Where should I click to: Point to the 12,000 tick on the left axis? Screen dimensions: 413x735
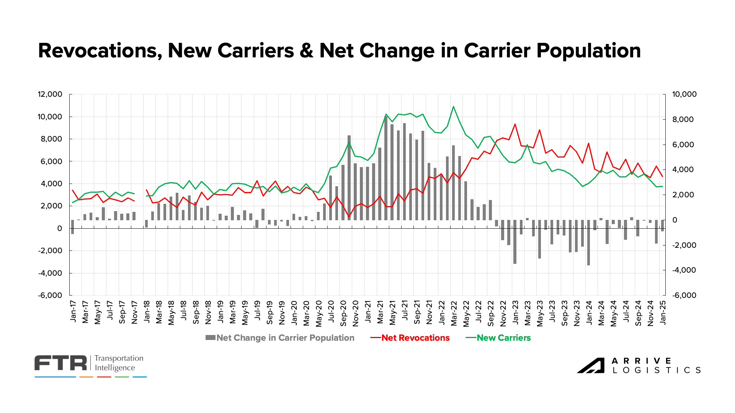pyautogui.click(x=50, y=94)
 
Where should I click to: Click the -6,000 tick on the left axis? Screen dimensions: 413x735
pyautogui.click(x=50, y=295)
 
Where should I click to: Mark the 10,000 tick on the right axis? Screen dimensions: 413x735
pyautogui.click(x=684, y=94)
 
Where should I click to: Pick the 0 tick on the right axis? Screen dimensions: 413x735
pyautogui.click(x=675, y=220)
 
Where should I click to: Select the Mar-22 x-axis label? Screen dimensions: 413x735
pyautogui.click(x=454, y=313)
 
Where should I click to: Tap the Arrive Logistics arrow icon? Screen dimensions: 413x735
pyautogui.click(x=591, y=366)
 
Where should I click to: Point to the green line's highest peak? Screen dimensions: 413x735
pyautogui.click(x=453, y=107)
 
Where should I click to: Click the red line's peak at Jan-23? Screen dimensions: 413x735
pyautogui.click(x=515, y=124)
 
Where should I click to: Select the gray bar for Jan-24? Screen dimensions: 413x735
pyautogui.click(x=589, y=242)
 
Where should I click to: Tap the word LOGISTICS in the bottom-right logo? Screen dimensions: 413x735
pyautogui.click(x=657, y=370)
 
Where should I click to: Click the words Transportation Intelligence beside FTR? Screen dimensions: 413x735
pyautogui.click(x=119, y=363)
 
